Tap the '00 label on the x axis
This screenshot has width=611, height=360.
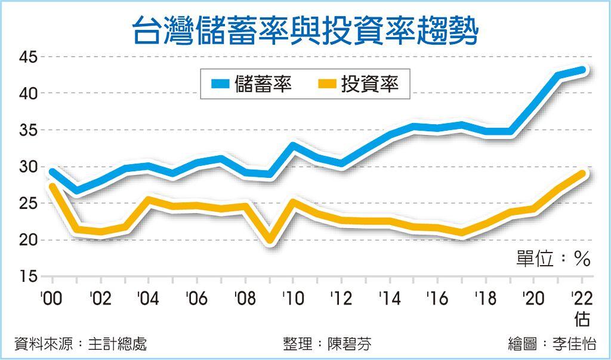52,298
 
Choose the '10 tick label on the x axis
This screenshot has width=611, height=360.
292,298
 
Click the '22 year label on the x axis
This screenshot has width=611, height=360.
581,298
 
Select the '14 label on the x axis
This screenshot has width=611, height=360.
388,298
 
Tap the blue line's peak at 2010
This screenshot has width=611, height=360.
293,144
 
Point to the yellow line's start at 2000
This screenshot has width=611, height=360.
53,187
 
